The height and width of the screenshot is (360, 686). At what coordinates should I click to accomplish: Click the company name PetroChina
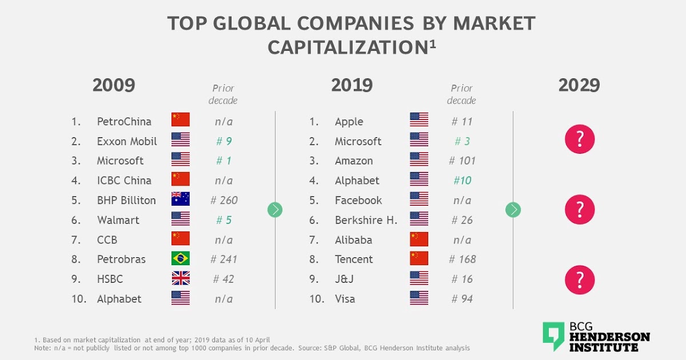[x=124, y=121]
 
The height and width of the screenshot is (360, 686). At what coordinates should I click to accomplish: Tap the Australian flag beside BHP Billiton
[x=181, y=199]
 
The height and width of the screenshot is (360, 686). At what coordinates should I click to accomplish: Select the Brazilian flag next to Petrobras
[x=181, y=259]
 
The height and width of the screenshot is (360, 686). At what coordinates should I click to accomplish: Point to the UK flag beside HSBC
[x=181, y=279]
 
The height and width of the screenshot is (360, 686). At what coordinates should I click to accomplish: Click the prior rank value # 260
[x=224, y=200]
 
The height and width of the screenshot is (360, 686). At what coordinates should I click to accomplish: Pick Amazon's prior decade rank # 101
[x=462, y=161]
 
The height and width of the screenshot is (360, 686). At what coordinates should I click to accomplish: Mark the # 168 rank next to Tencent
[x=462, y=259]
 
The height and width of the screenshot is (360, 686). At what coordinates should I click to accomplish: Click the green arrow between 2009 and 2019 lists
[x=275, y=210]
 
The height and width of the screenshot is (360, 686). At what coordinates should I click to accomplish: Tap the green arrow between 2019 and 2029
[x=513, y=210]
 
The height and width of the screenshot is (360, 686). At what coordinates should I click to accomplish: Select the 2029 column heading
[x=579, y=85]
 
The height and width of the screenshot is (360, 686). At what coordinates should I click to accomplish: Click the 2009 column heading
[x=114, y=85]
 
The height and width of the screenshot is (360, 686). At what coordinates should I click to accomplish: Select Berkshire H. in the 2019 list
[x=366, y=220]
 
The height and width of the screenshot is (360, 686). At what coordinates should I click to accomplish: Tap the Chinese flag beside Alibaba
[x=419, y=239]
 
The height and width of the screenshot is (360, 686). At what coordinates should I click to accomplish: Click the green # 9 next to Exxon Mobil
[x=224, y=141]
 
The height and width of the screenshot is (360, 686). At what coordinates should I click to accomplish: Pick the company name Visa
[x=345, y=299]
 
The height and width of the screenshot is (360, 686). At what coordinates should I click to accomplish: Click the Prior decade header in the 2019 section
[x=462, y=94]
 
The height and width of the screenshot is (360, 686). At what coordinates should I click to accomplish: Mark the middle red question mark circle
[x=580, y=210]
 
